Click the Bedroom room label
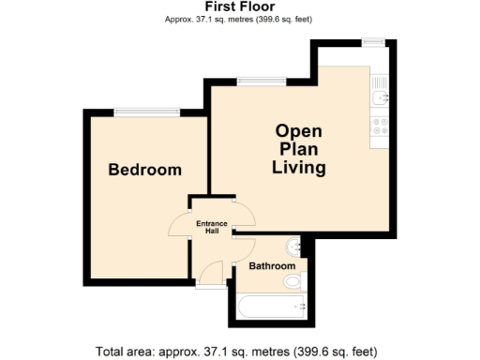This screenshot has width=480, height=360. tap(144, 170)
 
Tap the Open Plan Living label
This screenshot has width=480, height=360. tap(299, 150)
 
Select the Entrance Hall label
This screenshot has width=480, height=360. tap(212, 227)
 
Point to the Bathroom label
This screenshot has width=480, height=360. tap(272, 266)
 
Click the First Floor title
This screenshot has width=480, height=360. tap(239, 6)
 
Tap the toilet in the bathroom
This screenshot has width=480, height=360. tap(292, 279)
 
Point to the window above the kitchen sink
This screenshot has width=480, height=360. tap(374, 39)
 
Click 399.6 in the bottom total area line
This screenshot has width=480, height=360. tap(314, 352)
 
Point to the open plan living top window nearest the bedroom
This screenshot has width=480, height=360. tap(253, 82)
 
